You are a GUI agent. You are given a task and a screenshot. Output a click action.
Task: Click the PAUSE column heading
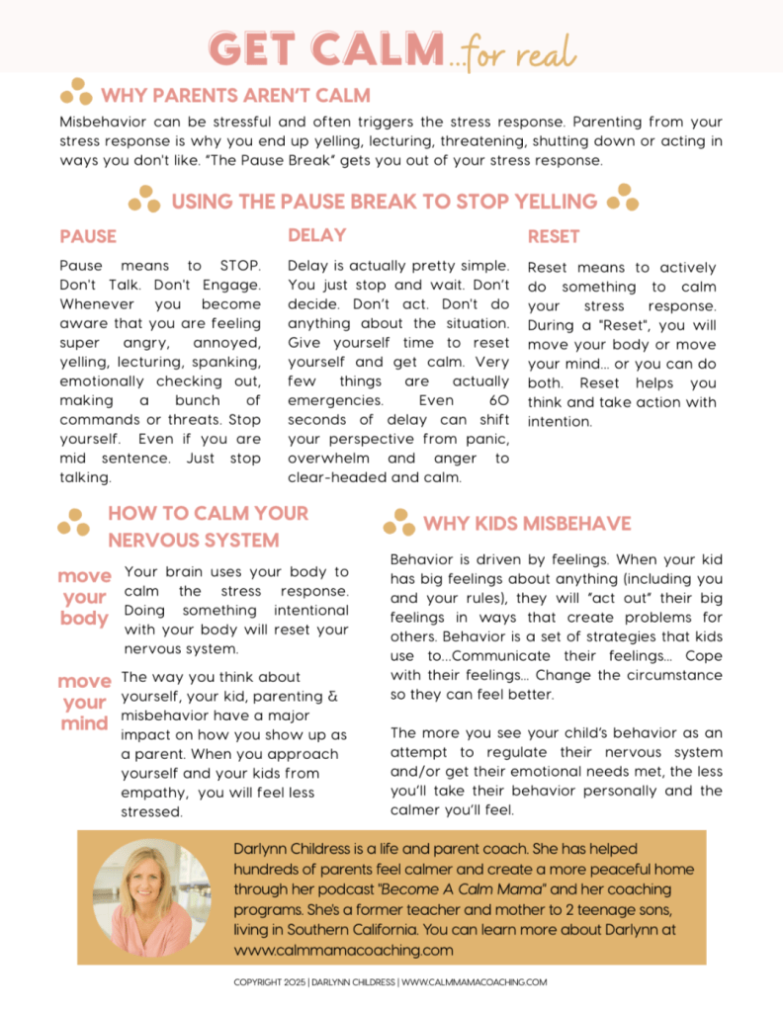pyautogui.click(x=88, y=237)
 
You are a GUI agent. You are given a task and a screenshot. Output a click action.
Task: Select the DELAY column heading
pyautogui.click(x=316, y=235)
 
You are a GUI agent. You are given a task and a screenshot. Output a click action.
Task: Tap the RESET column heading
pyautogui.click(x=554, y=237)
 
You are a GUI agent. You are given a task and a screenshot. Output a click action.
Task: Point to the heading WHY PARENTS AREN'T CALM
pyautogui.click(x=235, y=96)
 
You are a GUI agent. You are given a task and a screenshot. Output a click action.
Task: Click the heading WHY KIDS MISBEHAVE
pyautogui.click(x=527, y=524)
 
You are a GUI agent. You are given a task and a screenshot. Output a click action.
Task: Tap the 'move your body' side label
pyautogui.click(x=83, y=597)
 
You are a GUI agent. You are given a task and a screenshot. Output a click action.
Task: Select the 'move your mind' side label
pyautogui.click(x=83, y=702)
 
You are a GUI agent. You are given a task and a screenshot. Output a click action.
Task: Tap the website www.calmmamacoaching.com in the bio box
pyautogui.click(x=343, y=950)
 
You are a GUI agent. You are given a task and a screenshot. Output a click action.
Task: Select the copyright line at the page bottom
pyautogui.click(x=391, y=982)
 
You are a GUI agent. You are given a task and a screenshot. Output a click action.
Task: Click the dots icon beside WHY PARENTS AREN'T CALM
pyautogui.click(x=76, y=93)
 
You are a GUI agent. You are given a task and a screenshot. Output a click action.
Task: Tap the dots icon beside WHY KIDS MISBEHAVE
pyautogui.click(x=398, y=521)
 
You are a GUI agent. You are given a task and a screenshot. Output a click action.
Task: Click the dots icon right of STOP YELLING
pyautogui.click(x=623, y=198)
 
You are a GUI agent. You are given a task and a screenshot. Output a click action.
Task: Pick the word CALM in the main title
pyautogui.click(x=377, y=48)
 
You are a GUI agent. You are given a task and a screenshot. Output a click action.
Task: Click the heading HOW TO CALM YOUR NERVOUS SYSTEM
pyautogui.click(x=208, y=527)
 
